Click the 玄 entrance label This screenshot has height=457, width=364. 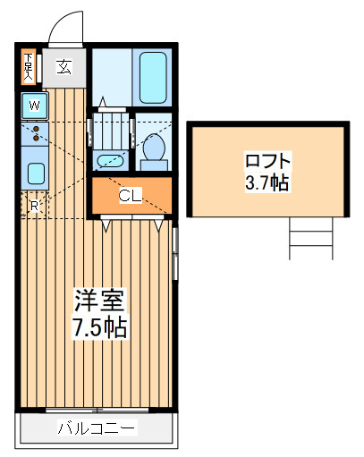(64, 67)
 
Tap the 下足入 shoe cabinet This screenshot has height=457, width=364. (29, 67)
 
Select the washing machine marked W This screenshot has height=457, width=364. (35, 106)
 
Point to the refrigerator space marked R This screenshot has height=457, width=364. (34, 205)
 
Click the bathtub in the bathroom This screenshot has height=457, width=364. (153, 78)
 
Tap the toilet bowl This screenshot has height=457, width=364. (154, 148)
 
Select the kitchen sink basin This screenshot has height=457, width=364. (36, 173)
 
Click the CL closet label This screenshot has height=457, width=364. (131, 196)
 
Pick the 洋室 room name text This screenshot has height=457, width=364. (98, 300)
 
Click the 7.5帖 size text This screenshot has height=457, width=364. (100, 327)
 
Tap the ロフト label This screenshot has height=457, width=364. (267, 161)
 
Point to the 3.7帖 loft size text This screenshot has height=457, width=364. (267, 182)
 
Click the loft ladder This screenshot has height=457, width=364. (311, 238)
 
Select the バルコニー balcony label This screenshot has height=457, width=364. (97, 428)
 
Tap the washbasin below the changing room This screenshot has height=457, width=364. (110, 161)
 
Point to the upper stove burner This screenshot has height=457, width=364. (37, 129)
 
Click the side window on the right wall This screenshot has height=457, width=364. (175, 254)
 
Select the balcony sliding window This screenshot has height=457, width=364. (97, 410)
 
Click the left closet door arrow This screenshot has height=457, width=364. (106, 225)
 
